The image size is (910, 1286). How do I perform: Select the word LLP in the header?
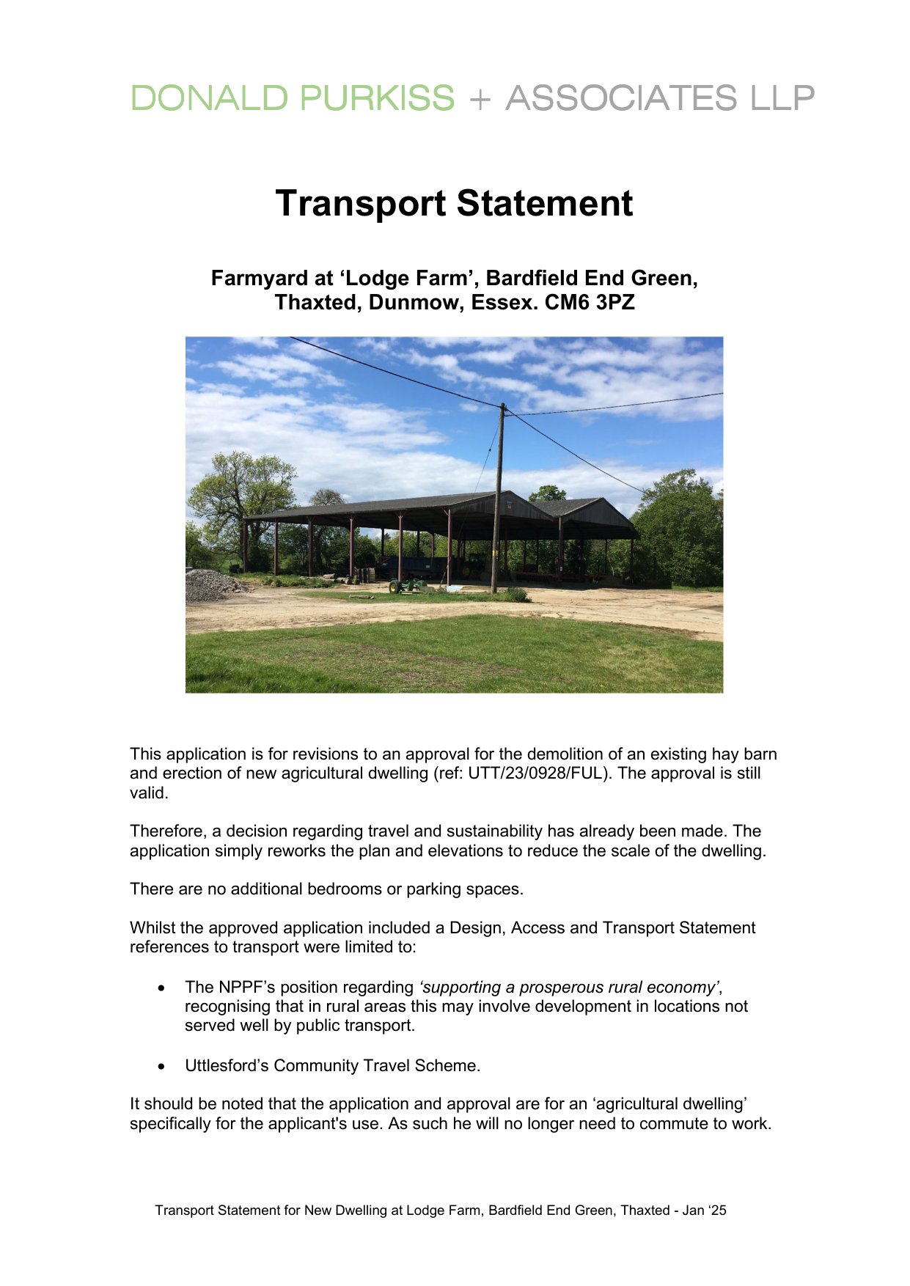pos(782,98)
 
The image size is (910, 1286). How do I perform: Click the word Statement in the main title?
pos(543,203)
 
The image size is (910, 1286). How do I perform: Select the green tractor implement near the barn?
pos(406,585)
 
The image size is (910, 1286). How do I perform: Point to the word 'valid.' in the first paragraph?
pos(149,793)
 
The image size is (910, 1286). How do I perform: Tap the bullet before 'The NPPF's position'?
pos(162,988)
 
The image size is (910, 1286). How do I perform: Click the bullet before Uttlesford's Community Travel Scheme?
pos(162,1067)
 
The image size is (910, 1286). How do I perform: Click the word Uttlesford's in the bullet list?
pos(227,1066)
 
